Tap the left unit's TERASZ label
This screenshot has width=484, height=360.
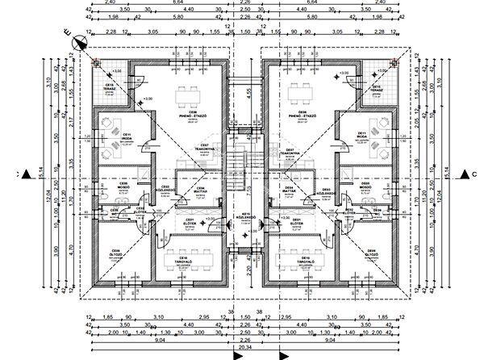[108, 89]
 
